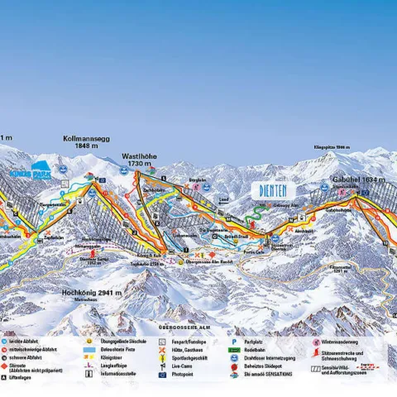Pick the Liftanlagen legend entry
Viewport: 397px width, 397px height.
coord(22,378)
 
